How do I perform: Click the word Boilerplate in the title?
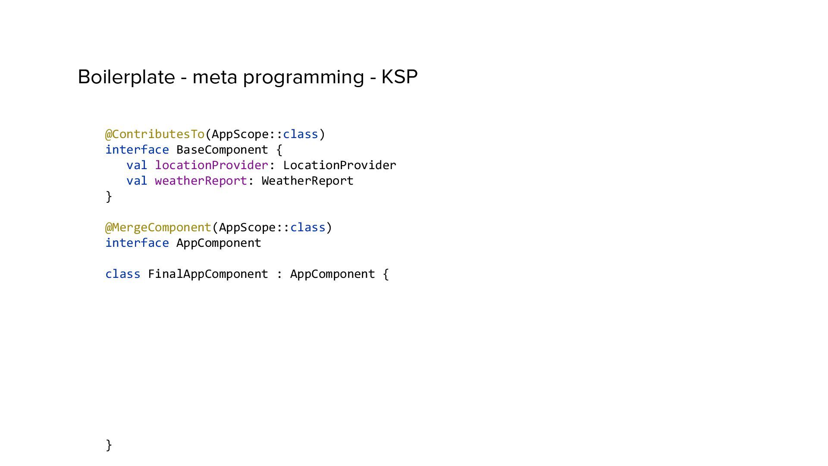pyautogui.click(x=126, y=77)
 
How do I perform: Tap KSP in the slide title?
pyautogui.click(x=399, y=77)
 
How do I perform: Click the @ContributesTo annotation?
pyautogui.click(x=155, y=134)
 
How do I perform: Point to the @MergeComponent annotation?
pyautogui.click(x=158, y=227)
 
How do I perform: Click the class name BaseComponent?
pyautogui.click(x=222, y=150)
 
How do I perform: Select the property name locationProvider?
pyautogui.click(x=211, y=165)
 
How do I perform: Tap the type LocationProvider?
pyautogui.click(x=339, y=165)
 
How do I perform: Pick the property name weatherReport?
pyautogui.click(x=201, y=181)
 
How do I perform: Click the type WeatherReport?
pyautogui.click(x=307, y=181)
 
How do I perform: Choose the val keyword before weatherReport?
pyautogui.click(x=137, y=181)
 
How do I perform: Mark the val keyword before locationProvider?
pyautogui.click(x=137, y=165)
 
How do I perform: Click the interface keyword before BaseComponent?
pyautogui.click(x=137, y=150)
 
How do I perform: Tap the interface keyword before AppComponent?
pyautogui.click(x=137, y=243)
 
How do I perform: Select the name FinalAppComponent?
pyautogui.click(x=208, y=274)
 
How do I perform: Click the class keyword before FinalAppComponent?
pyautogui.click(x=123, y=274)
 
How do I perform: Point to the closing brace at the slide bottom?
pyautogui.click(x=109, y=445)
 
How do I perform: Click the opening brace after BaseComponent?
pyautogui.click(x=279, y=150)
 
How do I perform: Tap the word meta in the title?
pyautogui.click(x=214, y=77)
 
